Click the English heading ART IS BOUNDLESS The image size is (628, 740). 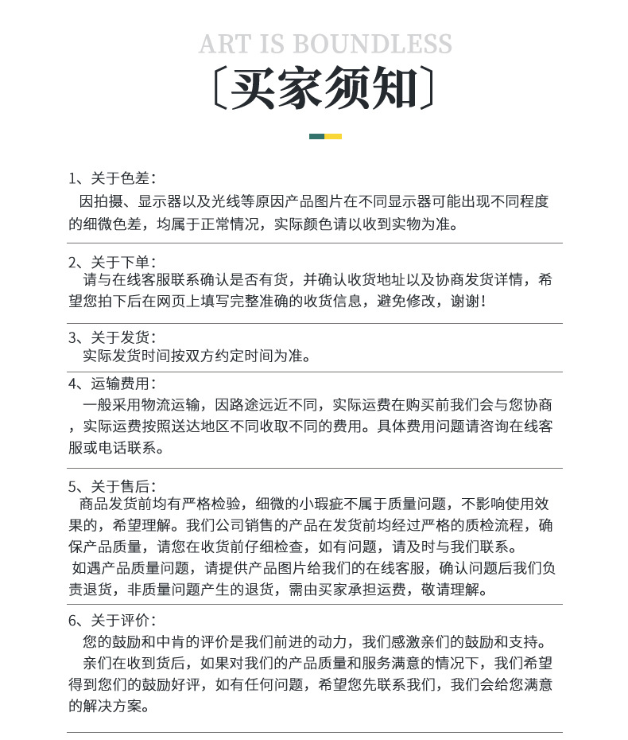(x=325, y=45)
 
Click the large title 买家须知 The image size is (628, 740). (x=325, y=88)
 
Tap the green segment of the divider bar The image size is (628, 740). (x=316, y=136)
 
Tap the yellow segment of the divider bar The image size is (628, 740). (x=333, y=136)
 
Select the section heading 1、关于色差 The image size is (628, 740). (x=112, y=177)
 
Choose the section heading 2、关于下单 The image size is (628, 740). (x=112, y=262)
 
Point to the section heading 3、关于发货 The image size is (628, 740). (x=112, y=337)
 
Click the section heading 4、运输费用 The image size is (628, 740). (x=112, y=384)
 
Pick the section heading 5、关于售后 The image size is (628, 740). (x=112, y=485)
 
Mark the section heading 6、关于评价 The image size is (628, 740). (x=112, y=620)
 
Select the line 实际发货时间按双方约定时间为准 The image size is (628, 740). (x=197, y=356)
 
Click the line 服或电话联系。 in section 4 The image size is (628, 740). (x=117, y=447)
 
